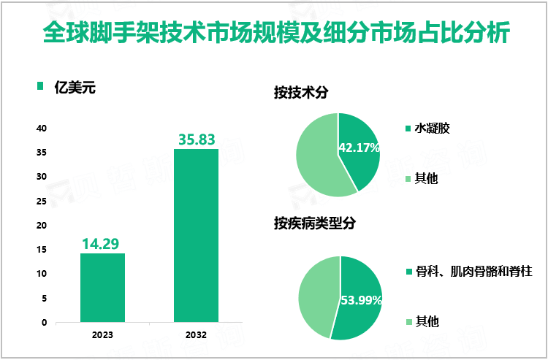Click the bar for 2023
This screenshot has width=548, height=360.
point(102,287)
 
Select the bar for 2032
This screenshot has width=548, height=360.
point(196,235)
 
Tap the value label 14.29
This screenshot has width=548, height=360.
point(102,242)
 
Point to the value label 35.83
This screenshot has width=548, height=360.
point(196,138)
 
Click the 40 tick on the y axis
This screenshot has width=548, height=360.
point(42,129)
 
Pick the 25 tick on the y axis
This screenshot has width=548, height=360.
point(42,201)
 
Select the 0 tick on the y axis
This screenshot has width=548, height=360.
point(44,322)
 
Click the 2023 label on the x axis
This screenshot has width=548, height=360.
point(102,336)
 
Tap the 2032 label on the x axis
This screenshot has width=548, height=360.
point(196,336)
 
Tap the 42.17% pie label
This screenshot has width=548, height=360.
point(359,148)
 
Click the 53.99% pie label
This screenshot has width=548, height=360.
point(360,300)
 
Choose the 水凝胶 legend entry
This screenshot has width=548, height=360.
point(432,129)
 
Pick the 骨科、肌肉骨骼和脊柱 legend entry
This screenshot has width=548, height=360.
point(473,271)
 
